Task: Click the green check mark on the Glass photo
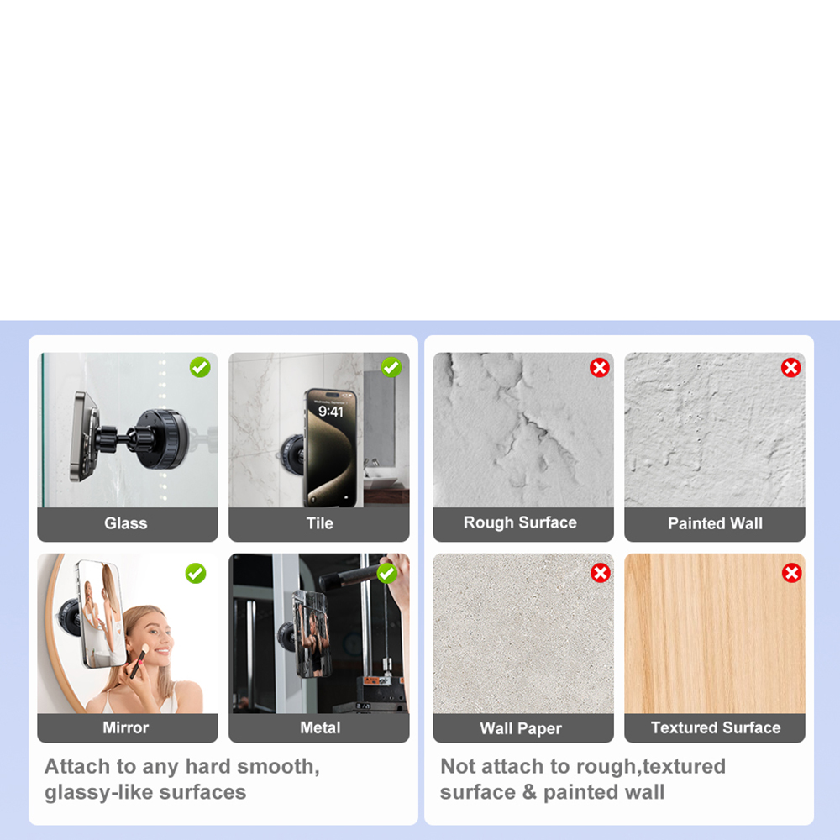[200, 368]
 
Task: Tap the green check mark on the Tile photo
[391, 368]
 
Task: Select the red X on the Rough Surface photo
[600, 368]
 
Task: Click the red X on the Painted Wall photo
[790, 368]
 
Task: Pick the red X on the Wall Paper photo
[601, 573]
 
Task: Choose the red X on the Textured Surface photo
[792, 573]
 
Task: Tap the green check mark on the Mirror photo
[196, 573]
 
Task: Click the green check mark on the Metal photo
[386, 573]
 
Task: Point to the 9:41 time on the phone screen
[330, 412]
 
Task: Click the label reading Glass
[126, 523]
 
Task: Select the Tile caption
[320, 523]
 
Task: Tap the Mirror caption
[126, 727]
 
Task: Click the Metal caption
[320, 727]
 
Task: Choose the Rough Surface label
[520, 522]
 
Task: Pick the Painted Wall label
[715, 523]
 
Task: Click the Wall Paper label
[521, 728]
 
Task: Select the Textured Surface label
[716, 727]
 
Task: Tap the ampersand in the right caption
[529, 792]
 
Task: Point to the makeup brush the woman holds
[139, 661]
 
